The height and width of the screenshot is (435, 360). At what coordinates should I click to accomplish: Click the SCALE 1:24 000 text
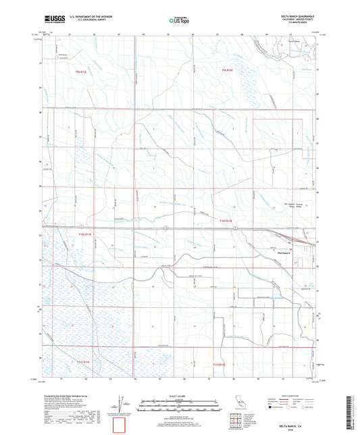pos(179,396)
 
